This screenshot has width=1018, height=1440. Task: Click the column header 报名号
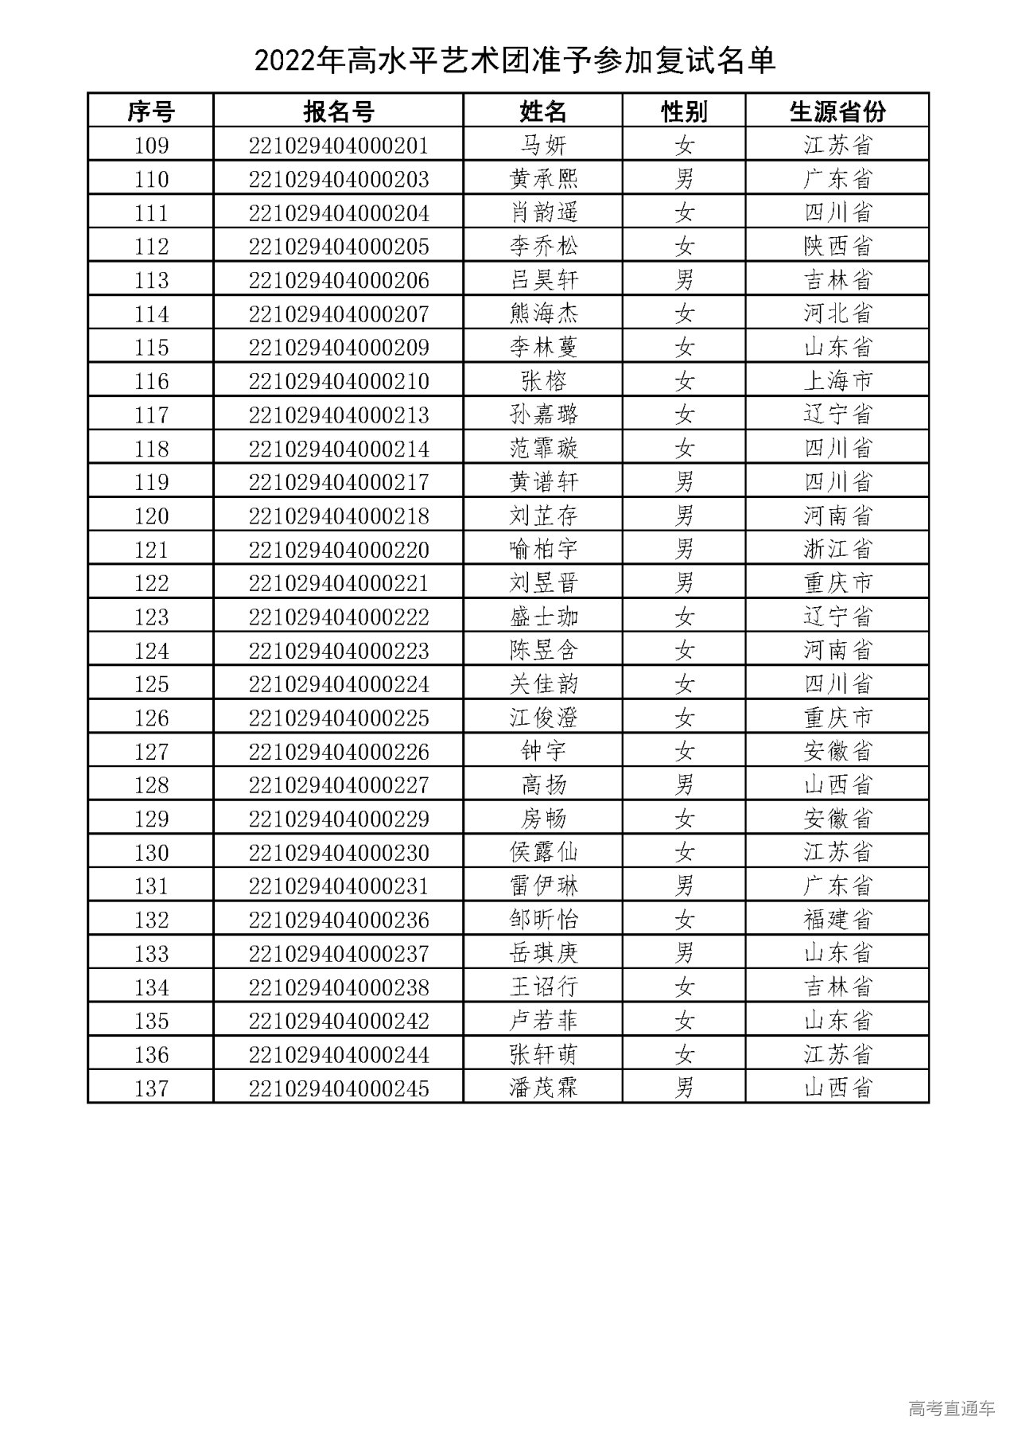click(x=338, y=111)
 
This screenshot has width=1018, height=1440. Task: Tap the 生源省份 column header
click(x=837, y=111)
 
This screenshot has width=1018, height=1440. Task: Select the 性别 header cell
click(x=684, y=111)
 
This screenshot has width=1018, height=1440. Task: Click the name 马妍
click(x=544, y=146)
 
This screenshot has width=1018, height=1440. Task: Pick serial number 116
click(x=151, y=381)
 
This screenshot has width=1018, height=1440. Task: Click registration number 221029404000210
click(x=339, y=381)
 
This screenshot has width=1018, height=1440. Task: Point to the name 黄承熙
click(x=544, y=179)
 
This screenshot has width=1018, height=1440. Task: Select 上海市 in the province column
click(x=837, y=381)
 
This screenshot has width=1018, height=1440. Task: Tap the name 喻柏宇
click(x=544, y=550)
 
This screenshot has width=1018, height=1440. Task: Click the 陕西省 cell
click(x=837, y=247)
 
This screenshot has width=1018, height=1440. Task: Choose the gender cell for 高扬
click(x=684, y=785)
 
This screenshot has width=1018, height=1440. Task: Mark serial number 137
click(x=151, y=1088)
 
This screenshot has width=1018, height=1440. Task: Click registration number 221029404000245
click(x=339, y=1088)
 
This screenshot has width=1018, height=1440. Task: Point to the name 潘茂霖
click(x=544, y=1088)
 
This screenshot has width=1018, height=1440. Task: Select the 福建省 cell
click(x=837, y=920)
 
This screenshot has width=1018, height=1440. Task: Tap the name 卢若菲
click(x=544, y=1021)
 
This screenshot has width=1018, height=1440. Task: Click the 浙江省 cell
click(x=837, y=550)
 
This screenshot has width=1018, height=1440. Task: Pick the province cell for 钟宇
click(x=837, y=752)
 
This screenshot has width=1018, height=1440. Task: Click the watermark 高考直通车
click(x=951, y=1408)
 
